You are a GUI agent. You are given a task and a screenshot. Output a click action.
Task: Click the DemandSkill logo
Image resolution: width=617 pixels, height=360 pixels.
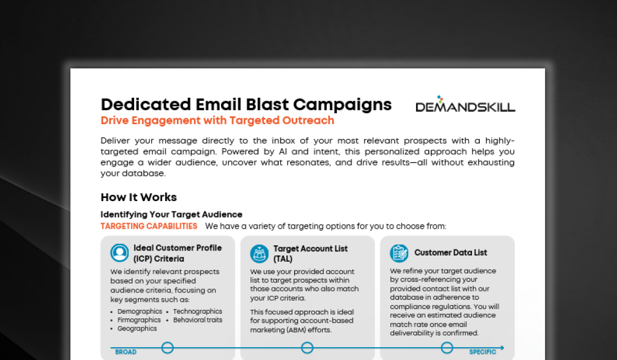(465, 104)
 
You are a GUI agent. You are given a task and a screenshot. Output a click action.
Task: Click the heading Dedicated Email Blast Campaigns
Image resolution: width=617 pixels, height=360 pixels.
(246, 104)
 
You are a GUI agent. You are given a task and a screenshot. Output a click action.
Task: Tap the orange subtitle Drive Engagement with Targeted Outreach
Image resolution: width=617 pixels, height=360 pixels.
(217, 121)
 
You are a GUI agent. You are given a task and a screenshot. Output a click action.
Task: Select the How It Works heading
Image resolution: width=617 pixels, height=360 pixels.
(138, 197)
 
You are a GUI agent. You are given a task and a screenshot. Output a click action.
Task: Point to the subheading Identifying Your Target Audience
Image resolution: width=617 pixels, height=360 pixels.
(171, 214)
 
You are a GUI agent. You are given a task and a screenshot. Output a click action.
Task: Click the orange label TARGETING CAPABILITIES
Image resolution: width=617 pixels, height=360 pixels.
(149, 226)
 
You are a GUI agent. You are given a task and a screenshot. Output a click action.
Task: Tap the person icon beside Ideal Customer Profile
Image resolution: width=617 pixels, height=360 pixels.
(120, 253)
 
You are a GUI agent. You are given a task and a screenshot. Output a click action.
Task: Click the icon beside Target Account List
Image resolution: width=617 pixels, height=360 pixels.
(260, 253)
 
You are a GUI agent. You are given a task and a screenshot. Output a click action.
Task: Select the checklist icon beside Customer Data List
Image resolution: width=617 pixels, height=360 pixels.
(399, 253)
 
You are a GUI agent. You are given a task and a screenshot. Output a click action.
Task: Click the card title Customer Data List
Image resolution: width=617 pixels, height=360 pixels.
(450, 253)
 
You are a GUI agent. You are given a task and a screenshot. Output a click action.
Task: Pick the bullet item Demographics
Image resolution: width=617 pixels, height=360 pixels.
(139, 312)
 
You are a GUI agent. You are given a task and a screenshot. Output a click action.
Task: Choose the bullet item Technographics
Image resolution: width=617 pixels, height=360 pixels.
(197, 312)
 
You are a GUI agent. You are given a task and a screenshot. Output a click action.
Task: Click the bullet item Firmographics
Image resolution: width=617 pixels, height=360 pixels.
(139, 320)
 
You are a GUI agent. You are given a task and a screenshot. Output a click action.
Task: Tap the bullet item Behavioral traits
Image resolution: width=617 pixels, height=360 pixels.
(197, 320)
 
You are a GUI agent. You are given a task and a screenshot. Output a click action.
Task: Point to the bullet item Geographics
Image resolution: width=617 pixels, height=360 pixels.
(137, 328)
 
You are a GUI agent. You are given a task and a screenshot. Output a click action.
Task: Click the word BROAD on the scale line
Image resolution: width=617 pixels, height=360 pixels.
(125, 352)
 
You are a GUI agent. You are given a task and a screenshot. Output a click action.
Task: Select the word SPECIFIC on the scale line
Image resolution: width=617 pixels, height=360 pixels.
(482, 352)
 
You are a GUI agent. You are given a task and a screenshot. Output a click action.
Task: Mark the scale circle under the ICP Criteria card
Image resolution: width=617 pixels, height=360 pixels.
(168, 348)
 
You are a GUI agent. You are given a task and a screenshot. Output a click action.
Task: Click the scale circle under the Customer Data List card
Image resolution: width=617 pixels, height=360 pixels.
(447, 348)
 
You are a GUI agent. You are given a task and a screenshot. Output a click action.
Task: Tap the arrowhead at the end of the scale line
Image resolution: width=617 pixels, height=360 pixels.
(502, 348)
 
